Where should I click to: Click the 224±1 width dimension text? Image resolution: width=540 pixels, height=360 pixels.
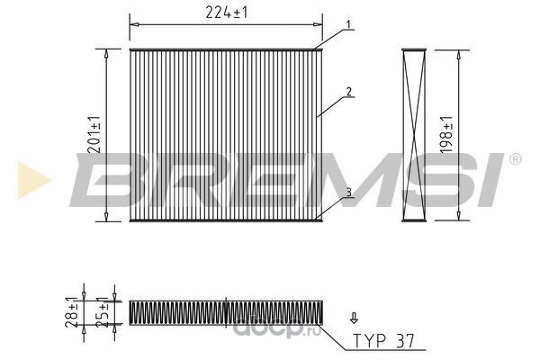226,13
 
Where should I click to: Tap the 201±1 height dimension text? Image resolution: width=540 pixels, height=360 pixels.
94,134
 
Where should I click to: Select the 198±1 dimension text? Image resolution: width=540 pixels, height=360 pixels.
446,134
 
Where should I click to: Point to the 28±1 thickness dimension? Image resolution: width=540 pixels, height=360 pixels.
72,311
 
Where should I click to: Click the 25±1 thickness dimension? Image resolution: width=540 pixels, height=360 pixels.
102,311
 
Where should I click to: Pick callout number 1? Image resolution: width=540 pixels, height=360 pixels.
348,24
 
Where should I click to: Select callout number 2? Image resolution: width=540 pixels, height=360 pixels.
349,92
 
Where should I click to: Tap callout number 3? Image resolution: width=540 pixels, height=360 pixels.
349,193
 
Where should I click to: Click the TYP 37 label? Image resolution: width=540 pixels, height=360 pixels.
383,341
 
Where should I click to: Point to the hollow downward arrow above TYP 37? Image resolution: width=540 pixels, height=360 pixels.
354,318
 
